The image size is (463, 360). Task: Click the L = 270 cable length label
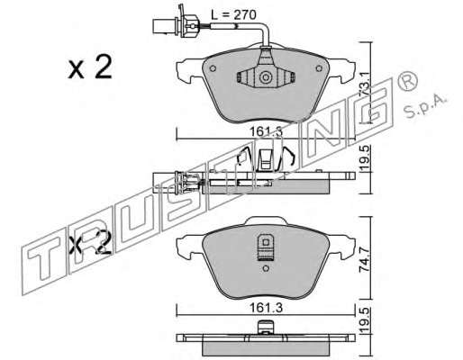point(233,14)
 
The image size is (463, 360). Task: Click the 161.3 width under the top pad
point(266,131)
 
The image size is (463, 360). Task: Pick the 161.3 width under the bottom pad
point(266,308)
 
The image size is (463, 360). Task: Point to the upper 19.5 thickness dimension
point(366,158)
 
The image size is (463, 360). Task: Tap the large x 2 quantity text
point(90,67)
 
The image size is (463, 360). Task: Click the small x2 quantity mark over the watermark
point(90,242)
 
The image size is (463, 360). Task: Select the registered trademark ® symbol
point(407,80)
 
